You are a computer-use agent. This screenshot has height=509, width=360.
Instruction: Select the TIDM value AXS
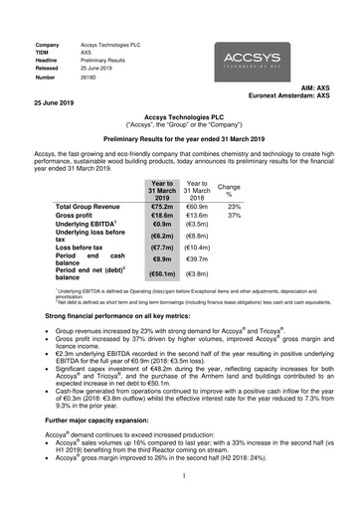(x=88, y=55)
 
